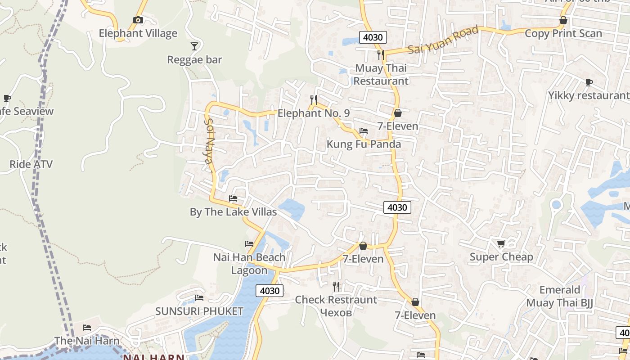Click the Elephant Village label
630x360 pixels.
tap(138, 33)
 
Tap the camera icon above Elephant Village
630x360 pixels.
tap(138, 20)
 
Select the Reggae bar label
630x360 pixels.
tap(194, 60)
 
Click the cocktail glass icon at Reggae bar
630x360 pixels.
tap(194, 46)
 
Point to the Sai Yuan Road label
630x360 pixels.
tap(443, 40)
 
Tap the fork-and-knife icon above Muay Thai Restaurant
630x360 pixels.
tap(381, 55)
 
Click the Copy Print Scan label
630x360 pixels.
tap(563, 33)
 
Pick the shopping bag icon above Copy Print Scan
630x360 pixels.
tap(563, 20)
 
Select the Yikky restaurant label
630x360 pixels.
tap(588, 95)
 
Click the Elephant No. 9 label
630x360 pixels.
tap(313, 113)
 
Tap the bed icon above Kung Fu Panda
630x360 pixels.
tap(364, 131)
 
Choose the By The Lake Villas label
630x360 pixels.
tap(233, 211)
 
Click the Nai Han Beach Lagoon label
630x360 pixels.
tap(249, 264)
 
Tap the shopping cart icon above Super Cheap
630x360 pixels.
tap(501, 243)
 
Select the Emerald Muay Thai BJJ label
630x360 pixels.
tap(559, 296)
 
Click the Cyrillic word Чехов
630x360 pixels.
tap(336, 312)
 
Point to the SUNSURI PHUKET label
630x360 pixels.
tap(199, 311)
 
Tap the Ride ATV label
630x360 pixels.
tap(31, 164)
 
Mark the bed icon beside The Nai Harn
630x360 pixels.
tap(87, 327)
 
